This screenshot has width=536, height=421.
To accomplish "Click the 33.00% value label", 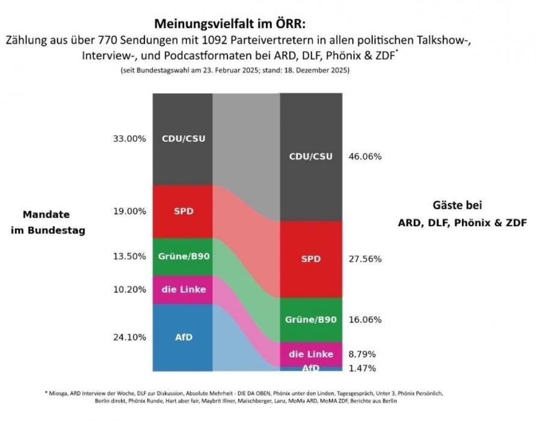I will coord(129,138).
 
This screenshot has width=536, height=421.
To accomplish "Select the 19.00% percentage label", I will coord(129,211).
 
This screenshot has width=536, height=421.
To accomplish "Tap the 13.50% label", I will coord(129,256).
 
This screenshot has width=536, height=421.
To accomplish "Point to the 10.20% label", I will coord(129,289).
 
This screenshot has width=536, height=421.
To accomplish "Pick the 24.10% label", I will coord(129,337).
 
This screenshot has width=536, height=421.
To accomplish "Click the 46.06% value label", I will coord(365,156).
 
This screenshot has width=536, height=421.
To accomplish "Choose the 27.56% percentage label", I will coord(365,259).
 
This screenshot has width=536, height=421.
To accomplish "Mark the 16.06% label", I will coord(365,320).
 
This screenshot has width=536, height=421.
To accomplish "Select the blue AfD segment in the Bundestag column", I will coord(183,337).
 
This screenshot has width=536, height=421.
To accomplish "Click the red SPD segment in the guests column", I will coord(311,259).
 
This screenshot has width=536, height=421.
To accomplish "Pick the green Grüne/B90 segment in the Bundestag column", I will coord(183,257).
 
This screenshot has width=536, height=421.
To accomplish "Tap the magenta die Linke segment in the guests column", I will coord(311,354).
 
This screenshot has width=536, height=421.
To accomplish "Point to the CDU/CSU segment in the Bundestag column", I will coord(183,138).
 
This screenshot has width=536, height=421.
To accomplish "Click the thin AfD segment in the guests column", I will coord(311,368).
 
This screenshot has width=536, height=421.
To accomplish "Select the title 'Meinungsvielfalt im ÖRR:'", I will coord(231,24).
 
